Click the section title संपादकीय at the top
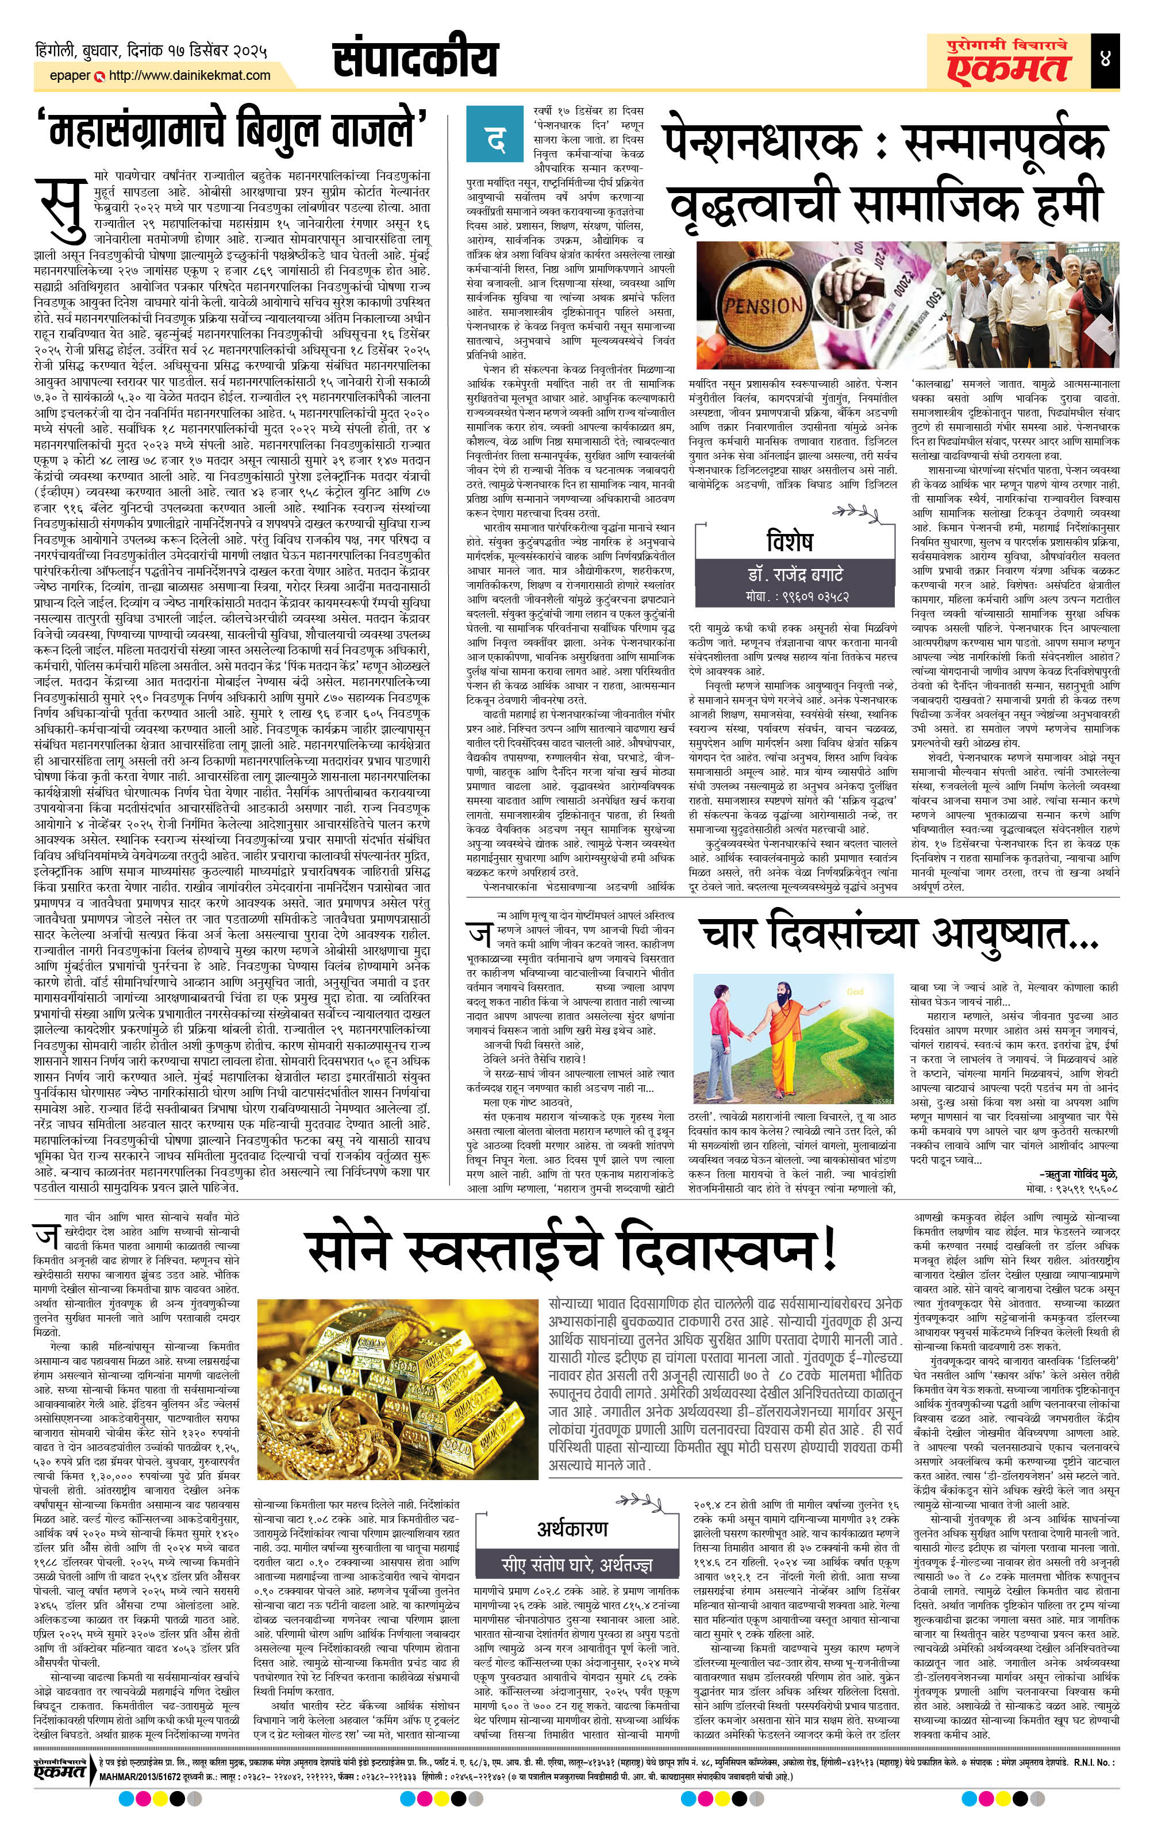(416, 59)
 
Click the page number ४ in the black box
(1105, 59)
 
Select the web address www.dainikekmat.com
(190, 75)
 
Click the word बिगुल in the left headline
(287, 128)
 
